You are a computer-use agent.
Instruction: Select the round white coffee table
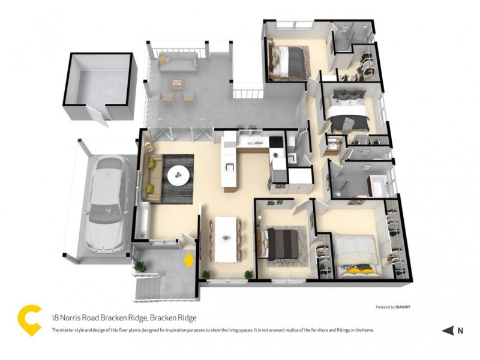click(178, 175)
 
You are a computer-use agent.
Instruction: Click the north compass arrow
click(448, 330)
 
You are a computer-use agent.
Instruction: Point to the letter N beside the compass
click(460, 330)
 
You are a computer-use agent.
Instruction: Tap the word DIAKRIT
click(406, 307)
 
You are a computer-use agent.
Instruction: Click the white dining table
click(227, 238)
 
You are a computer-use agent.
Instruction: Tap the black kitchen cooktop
click(276, 142)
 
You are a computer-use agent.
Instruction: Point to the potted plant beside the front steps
click(139, 266)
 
